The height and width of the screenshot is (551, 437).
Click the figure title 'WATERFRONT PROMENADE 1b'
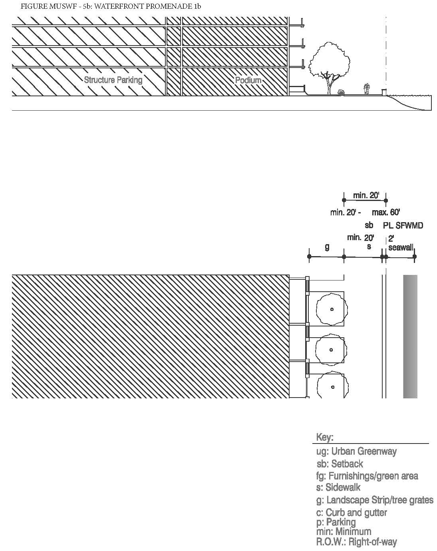pyautogui.click(x=148, y=6)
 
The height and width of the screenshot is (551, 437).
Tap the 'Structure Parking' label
pyautogui.click(x=113, y=80)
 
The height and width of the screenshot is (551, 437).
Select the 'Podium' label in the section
pyautogui.click(x=248, y=80)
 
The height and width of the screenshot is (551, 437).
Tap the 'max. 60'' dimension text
pyautogui.click(x=386, y=212)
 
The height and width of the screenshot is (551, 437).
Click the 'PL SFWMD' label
pyautogui.click(x=403, y=226)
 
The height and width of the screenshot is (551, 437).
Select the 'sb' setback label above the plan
pyautogui.click(x=369, y=225)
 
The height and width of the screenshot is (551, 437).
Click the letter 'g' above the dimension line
pyautogui.click(x=327, y=247)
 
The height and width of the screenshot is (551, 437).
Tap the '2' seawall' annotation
pyautogui.click(x=401, y=243)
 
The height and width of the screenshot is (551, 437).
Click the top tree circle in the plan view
pyautogui.click(x=332, y=309)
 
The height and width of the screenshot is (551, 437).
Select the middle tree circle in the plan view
pyautogui.click(x=331, y=350)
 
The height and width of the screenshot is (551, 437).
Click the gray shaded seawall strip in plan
pyautogui.click(x=410, y=336)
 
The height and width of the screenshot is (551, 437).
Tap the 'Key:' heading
pyautogui.click(x=325, y=437)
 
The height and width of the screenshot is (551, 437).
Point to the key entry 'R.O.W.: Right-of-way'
pyautogui.click(x=357, y=541)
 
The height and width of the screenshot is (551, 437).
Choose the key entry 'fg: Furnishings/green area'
pyautogui.click(x=367, y=476)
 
